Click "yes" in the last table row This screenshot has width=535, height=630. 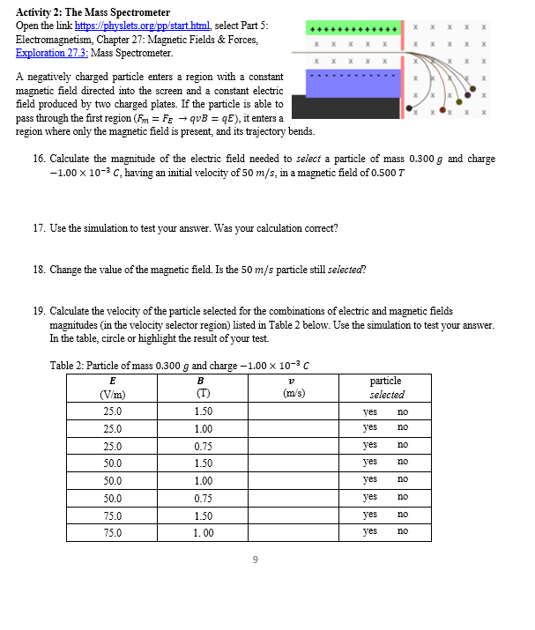(x=370, y=531)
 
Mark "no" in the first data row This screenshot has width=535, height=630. (x=403, y=411)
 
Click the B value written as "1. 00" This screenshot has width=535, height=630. (x=204, y=531)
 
